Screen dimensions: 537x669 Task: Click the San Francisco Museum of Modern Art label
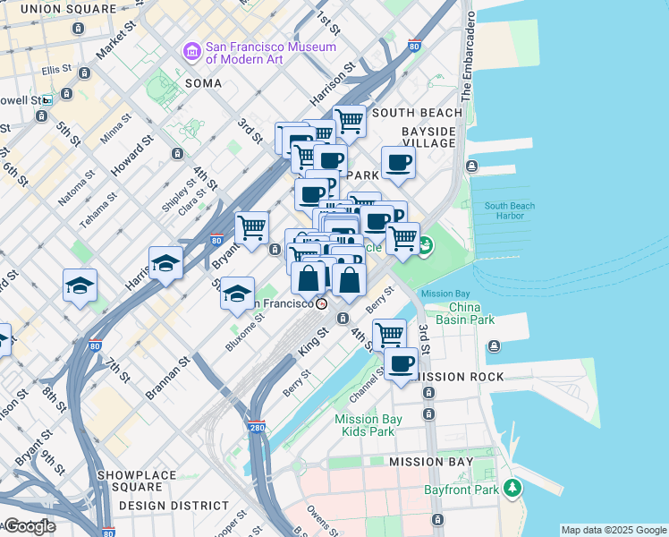271,53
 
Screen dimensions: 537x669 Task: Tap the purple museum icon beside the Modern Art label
191,53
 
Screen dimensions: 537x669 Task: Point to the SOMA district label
202,82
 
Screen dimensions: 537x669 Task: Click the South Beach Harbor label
510,211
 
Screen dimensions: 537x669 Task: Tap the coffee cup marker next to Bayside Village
399,163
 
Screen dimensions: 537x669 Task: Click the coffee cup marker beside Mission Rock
402,364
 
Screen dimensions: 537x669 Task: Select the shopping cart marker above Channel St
390,335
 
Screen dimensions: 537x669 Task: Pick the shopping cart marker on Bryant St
252,226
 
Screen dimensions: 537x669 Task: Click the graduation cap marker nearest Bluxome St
237,294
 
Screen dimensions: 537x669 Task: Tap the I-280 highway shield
257,429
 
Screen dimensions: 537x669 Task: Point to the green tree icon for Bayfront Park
512,489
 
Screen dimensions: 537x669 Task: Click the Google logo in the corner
30,526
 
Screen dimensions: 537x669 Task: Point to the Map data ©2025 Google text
614,530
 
